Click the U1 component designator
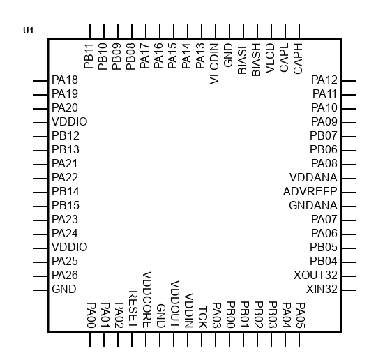click(28, 31)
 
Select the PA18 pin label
click(65, 80)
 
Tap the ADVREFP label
click(310, 191)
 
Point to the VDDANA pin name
click(313, 177)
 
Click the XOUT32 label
click(315, 276)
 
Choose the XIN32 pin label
click(322, 289)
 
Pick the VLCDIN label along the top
click(214, 63)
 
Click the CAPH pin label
click(298, 59)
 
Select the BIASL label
click(242, 59)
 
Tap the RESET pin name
click(133, 309)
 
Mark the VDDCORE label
click(147, 299)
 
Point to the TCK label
click(203, 317)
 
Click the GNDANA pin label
click(313, 206)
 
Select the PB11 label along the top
click(89, 56)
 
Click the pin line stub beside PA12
click(349, 81)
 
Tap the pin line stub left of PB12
click(40, 137)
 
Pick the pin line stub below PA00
click(90, 339)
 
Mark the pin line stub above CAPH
click(299, 31)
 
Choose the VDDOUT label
click(175, 304)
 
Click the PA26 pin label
click(65, 276)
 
